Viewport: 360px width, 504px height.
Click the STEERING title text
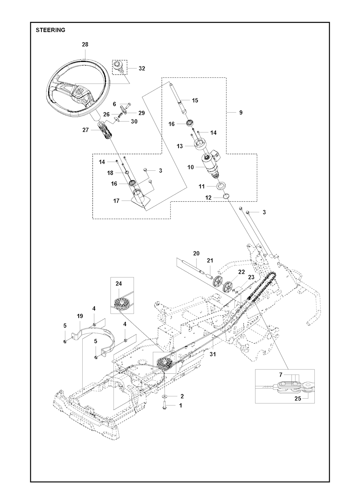coord(51,30)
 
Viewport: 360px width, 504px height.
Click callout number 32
coord(142,68)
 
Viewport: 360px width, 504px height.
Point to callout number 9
coord(240,113)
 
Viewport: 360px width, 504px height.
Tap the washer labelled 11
coord(221,185)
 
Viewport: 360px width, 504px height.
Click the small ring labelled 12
coord(227,196)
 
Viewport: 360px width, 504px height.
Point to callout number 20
coord(196,253)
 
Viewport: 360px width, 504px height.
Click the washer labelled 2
coord(165,397)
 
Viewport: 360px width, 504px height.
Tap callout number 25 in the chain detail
coord(298,399)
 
